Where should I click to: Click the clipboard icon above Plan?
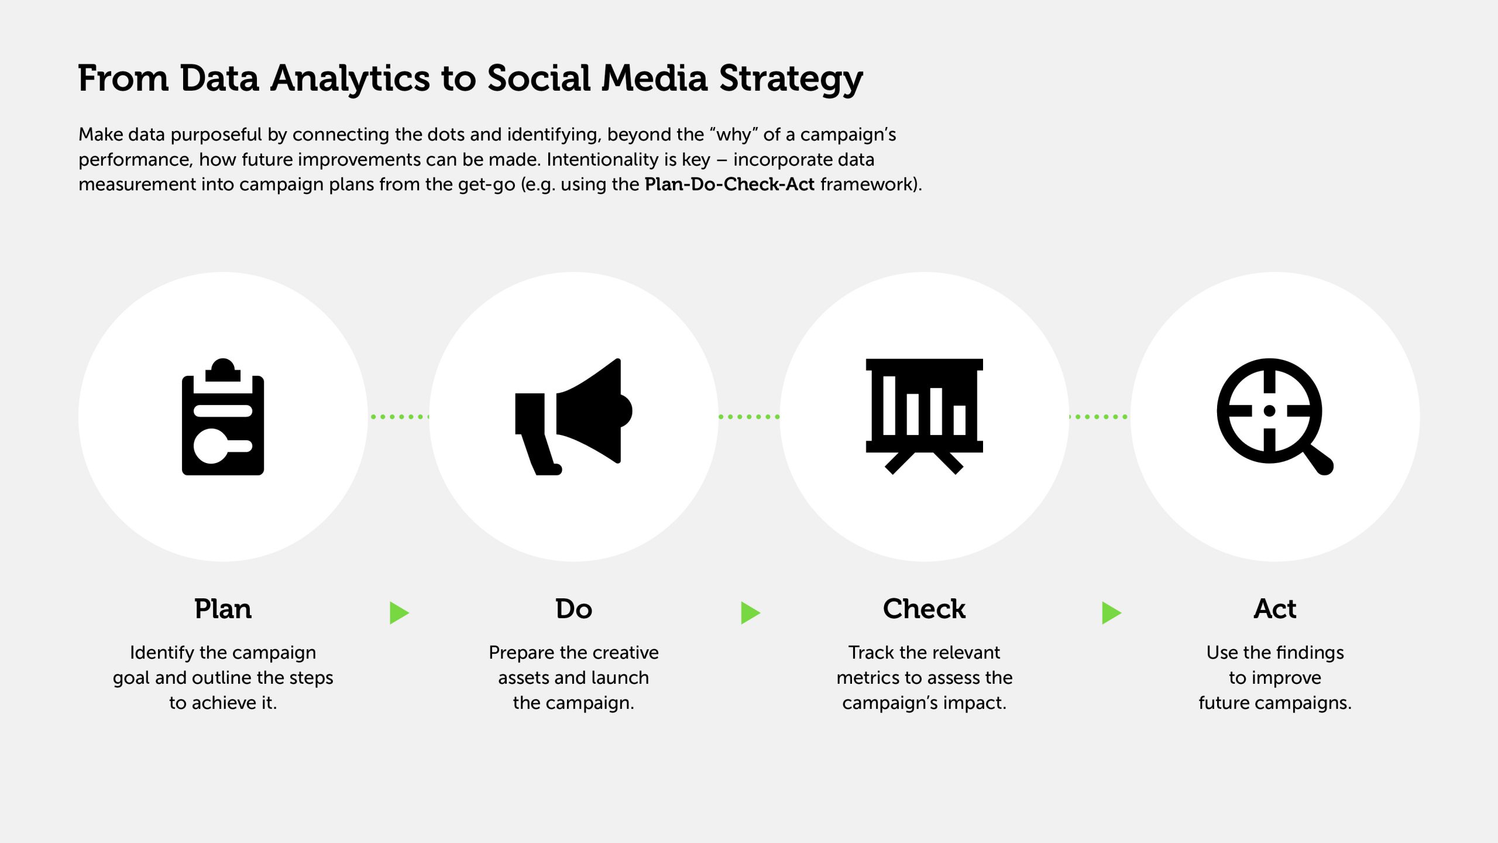223,417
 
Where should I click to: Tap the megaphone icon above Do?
573,417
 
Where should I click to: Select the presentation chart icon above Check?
925,417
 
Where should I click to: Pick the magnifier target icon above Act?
1275,417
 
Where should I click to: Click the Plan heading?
223,609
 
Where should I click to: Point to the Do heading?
573,609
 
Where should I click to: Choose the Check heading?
925,609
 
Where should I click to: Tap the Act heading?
1275,609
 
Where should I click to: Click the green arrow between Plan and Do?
399,613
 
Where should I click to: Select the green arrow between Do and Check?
750,613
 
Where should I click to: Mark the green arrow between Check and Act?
1111,613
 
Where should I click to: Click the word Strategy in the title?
791,79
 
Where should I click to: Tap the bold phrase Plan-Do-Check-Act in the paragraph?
730,184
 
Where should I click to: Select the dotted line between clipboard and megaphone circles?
399,417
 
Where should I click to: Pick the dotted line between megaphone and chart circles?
749,417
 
